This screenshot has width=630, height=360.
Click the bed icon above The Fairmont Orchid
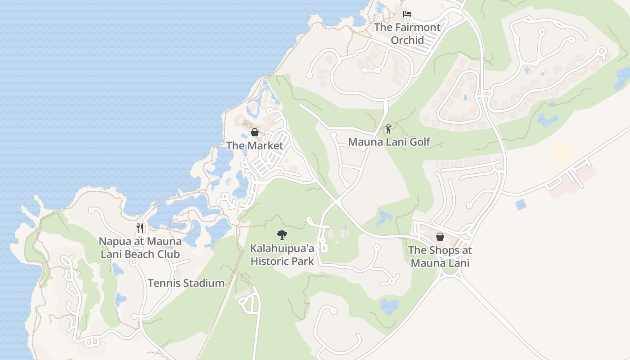[407, 14]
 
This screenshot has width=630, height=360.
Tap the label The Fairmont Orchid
[407, 34]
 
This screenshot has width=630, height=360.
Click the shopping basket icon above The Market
[255, 132]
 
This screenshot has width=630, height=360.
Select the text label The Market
[255, 145]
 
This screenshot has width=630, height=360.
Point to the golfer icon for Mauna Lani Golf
[388, 129]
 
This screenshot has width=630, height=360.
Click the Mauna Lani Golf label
[389, 142]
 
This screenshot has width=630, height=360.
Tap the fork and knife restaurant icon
[140, 228]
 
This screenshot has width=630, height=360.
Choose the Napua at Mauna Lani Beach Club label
[140, 248]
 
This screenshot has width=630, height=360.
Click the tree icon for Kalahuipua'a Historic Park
[282, 234]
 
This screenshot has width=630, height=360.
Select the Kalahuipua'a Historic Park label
[282, 255]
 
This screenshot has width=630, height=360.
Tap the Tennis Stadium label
[186, 283]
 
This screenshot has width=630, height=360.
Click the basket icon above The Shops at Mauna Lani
[440, 237]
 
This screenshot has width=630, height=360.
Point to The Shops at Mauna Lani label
[440, 256]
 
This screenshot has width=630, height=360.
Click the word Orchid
[407, 40]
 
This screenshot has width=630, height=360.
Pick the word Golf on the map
[420, 142]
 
